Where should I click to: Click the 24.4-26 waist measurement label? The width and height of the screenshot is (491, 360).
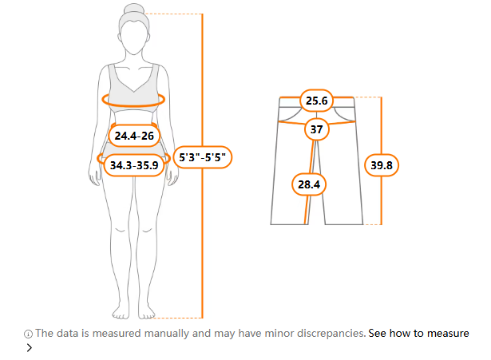(x=134, y=136)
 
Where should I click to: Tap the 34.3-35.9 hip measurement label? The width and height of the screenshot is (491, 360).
(x=134, y=165)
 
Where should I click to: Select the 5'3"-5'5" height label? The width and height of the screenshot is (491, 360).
(x=202, y=157)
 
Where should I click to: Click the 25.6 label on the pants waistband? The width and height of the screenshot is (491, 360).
(x=317, y=101)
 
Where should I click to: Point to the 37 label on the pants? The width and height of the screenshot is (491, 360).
(x=317, y=129)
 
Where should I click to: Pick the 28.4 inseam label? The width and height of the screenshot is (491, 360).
(x=309, y=184)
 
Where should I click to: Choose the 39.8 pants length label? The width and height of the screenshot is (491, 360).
(x=382, y=165)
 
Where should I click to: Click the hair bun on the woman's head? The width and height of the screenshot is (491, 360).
(x=133, y=9)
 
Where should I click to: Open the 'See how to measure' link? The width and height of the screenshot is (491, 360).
(x=418, y=333)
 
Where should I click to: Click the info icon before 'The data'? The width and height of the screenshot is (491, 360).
(x=28, y=334)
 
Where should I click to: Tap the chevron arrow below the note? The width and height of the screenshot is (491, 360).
(x=29, y=347)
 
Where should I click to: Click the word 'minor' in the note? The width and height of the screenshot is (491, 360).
(x=279, y=333)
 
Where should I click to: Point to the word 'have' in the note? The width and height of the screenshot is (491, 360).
(x=250, y=333)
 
